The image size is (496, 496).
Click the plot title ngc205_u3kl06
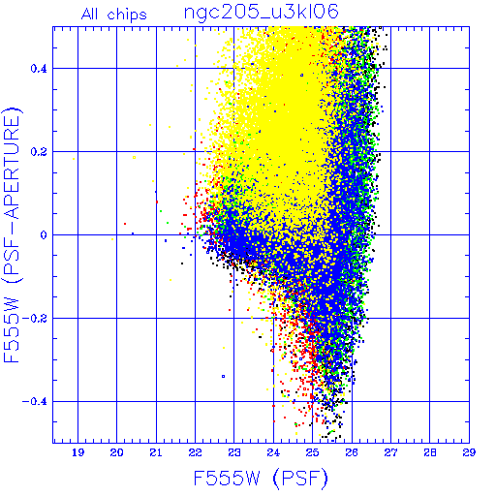[261, 13]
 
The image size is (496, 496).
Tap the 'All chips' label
[114, 15]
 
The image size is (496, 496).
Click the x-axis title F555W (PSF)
[261, 479]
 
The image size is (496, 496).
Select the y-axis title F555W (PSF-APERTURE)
[12, 234]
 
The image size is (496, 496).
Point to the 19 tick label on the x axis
[77, 452]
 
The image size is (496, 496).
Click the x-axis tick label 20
[116, 452]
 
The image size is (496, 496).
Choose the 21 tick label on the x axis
[156, 452]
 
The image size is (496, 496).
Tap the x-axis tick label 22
[195, 452]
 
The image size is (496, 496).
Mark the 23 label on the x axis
[234, 452]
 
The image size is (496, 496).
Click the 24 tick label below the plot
[273, 452]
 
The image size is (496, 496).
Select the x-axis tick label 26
[352, 452]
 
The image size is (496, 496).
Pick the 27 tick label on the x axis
[390, 452]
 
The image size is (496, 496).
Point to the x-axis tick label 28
[430, 452]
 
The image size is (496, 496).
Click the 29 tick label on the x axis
[469, 452]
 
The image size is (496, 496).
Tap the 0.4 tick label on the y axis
[39, 69]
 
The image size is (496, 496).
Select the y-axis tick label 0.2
[39, 152]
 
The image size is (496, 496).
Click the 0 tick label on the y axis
[44, 234]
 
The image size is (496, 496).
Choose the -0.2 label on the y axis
[35, 319]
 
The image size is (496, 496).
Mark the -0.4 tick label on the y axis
[35, 401]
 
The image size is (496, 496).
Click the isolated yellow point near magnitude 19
[74, 159]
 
